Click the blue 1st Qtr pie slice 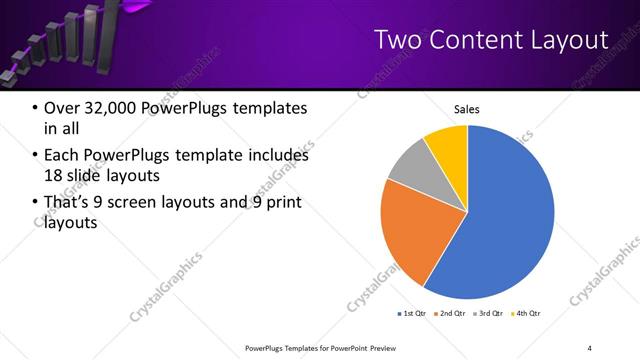[x=505, y=220]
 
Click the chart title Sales [x=467, y=109]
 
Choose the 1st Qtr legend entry [x=411, y=314]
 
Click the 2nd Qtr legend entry [x=452, y=314]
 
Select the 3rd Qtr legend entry [x=491, y=314]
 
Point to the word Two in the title [x=397, y=39]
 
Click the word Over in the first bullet [x=63, y=108]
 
